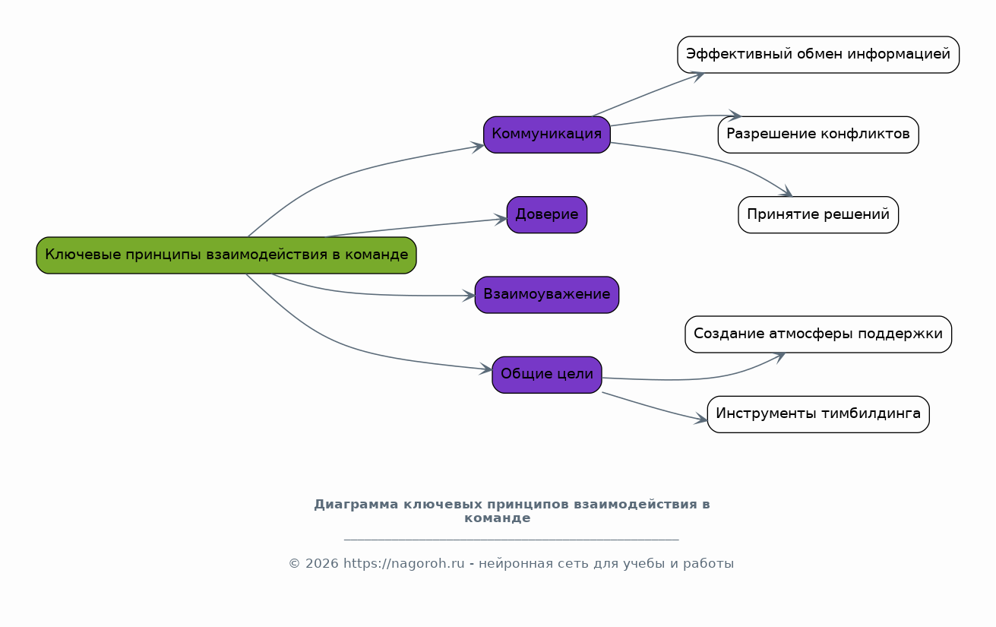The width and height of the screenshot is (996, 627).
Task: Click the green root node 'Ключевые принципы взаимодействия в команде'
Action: click(226, 255)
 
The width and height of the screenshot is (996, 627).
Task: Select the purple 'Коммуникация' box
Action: click(547, 135)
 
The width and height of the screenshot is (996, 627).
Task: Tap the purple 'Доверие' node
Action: click(547, 215)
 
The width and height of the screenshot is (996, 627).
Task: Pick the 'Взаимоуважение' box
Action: click(547, 295)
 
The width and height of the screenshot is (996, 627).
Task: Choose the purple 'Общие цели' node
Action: click(547, 375)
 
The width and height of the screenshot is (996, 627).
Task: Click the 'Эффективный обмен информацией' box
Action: click(818, 55)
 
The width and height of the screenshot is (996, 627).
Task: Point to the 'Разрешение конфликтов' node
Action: click(818, 135)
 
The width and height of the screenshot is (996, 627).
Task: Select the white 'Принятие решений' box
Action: click(818, 215)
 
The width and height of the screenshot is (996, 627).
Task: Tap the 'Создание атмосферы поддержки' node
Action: click(818, 334)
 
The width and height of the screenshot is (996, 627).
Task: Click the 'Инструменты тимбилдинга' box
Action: click(818, 414)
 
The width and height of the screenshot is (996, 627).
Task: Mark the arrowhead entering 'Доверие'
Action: click(501, 219)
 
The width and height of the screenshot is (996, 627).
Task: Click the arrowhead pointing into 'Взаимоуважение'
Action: click(470, 296)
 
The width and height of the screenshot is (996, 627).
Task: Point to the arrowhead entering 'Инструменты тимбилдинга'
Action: click(702, 419)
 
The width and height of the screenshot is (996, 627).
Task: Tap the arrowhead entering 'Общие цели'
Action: click(487, 370)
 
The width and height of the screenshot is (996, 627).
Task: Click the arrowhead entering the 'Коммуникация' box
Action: click(479, 146)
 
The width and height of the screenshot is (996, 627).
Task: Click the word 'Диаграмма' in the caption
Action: click(356, 505)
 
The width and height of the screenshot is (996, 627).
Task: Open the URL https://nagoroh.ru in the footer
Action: click(403, 564)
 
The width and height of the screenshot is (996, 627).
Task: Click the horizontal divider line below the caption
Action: click(511, 540)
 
